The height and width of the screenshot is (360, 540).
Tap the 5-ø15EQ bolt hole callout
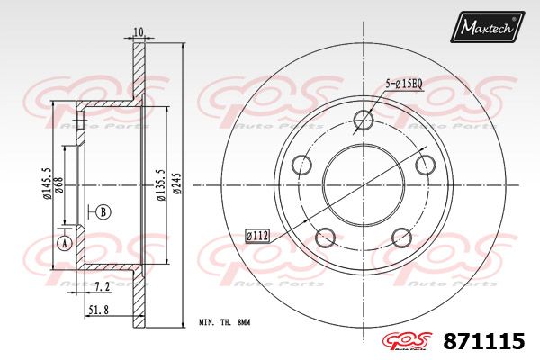[x=404, y=84]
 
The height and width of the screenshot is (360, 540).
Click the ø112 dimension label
[x=258, y=236]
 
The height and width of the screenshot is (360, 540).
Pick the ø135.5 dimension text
[x=159, y=185]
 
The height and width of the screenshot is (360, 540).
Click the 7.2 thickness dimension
[x=103, y=286]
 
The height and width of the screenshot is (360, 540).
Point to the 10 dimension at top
[x=138, y=32]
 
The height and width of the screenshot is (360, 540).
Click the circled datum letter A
[x=64, y=244]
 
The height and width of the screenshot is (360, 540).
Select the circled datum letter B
[x=103, y=212]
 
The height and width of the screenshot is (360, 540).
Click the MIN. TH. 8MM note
[x=224, y=321]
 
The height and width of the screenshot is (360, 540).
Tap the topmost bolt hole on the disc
[x=364, y=120]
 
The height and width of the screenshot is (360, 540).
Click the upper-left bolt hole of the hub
[x=301, y=166]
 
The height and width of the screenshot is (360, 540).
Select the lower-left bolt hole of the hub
[x=326, y=238]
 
